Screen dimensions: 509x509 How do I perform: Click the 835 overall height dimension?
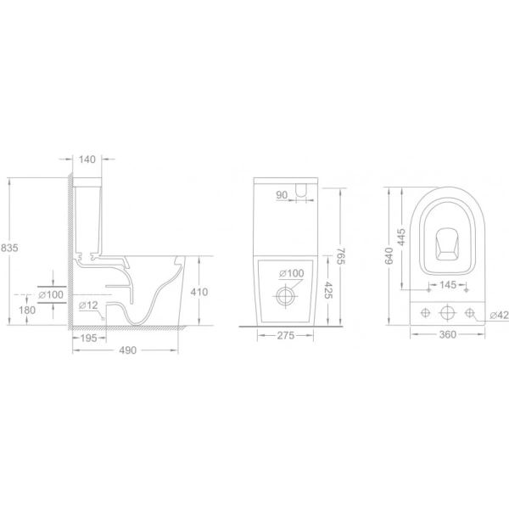pyautogui.click(x=9, y=248)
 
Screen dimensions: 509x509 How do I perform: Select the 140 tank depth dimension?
pyautogui.click(x=87, y=159)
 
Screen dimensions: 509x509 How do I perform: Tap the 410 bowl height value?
pyautogui.click(x=199, y=292)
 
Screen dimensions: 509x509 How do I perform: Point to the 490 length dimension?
pyautogui.click(x=128, y=350)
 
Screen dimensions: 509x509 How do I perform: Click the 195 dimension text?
pyautogui.click(x=88, y=338)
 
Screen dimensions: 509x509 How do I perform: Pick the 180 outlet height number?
pyautogui.click(x=27, y=310)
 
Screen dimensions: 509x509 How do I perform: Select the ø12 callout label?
pyautogui.click(x=88, y=305)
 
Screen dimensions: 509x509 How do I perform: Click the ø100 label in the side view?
pyautogui.click(x=51, y=294)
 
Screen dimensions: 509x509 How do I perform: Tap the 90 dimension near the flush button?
pyautogui.click(x=282, y=195)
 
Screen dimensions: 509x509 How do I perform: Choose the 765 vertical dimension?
pyautogui.click(x=341, y=256)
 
